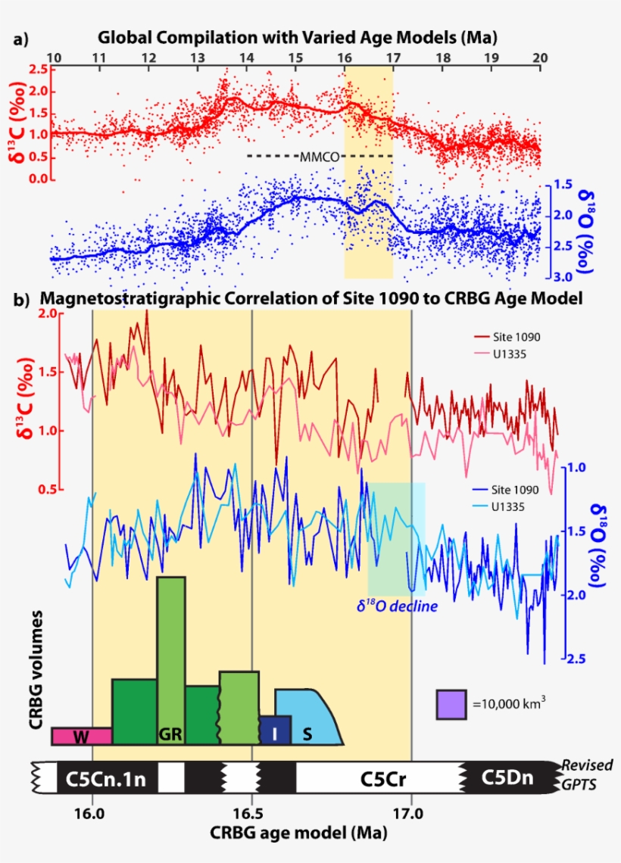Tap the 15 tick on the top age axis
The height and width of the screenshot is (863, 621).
[x=295, y=58]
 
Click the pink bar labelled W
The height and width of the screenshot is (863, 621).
[x=81, y=736]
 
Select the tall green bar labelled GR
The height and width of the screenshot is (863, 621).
[x=171, y=659]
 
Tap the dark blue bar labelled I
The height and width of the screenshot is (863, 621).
[x=274, y=731]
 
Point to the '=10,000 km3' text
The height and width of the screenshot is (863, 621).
[x=509, y=703]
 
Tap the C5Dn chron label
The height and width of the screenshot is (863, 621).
[x=504, y=778]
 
